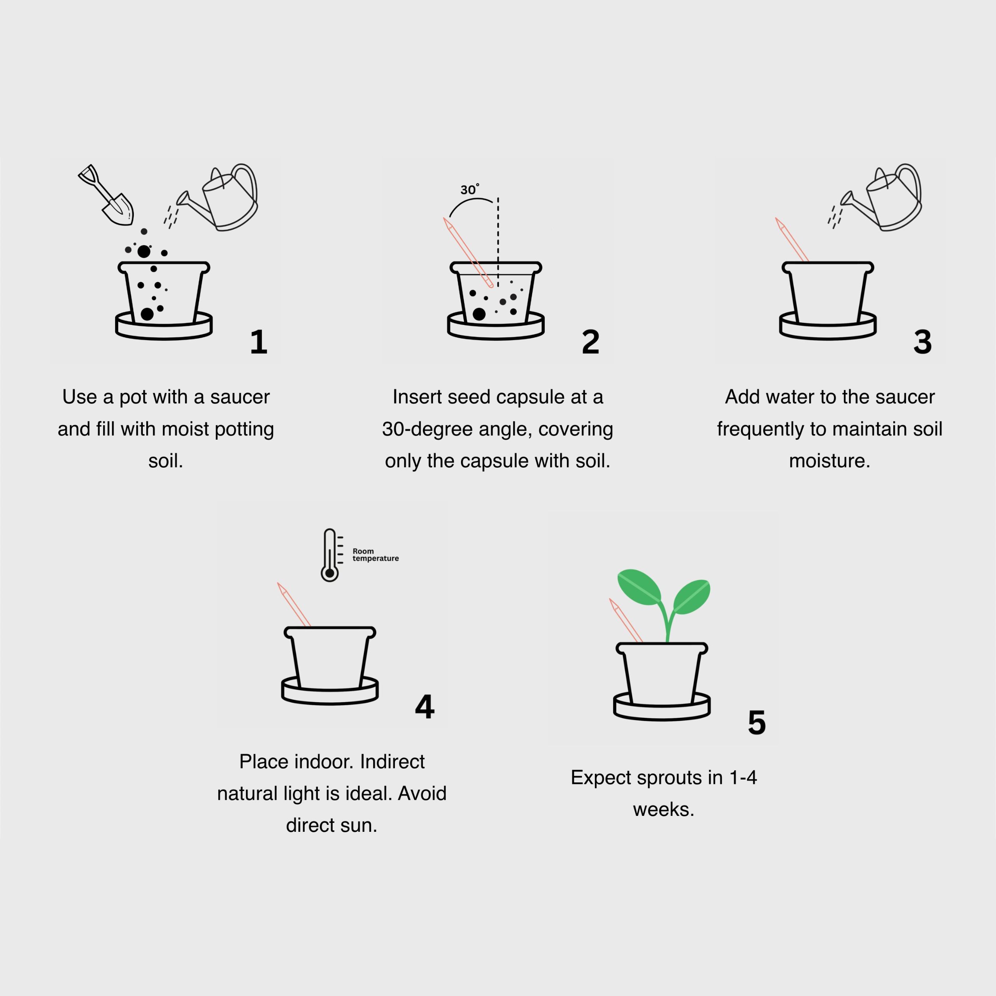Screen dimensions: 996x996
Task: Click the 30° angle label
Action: [x=469, y=189]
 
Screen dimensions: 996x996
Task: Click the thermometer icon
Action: [x=330, y=555]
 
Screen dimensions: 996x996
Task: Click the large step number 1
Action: [x=258, y=342]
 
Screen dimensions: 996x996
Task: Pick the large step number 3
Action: [x=922, y=342]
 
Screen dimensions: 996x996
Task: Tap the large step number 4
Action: [x=424, y=707]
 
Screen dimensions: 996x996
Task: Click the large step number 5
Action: [x=756, y=723]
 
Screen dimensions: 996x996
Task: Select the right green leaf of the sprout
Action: [x=692, y=596]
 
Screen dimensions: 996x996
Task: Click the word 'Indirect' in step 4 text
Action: [x=392, y=762]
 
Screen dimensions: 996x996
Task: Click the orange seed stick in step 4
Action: [x=295, y=606]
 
